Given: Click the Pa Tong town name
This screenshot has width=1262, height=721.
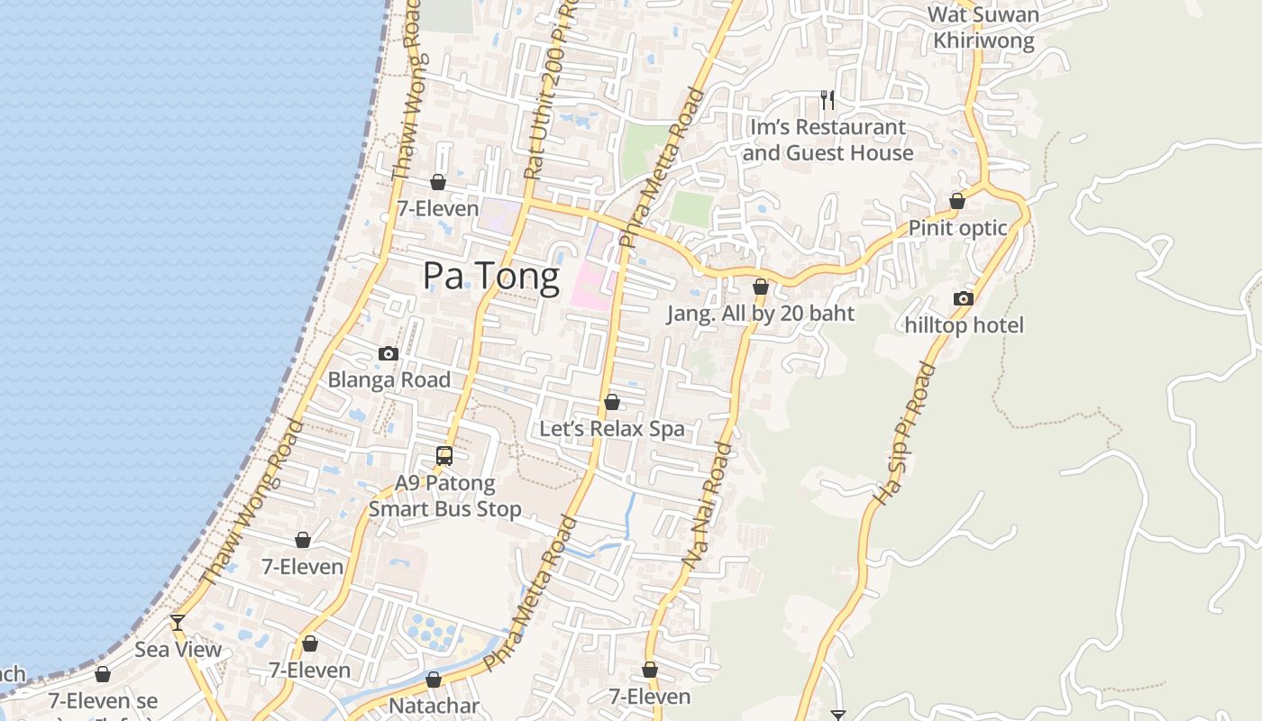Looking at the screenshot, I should [491, 276].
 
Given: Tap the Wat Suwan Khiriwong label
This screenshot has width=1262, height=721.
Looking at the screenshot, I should [983, 28].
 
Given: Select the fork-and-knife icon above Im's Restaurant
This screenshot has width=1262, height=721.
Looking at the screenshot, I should [828, 99].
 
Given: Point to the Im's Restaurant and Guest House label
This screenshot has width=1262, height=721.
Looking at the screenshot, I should [828, 141].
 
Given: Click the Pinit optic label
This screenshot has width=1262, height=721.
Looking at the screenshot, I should [957, 228].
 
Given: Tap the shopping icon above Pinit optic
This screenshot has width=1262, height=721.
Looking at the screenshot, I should [957, 201].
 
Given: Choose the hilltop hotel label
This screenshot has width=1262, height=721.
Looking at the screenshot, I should [965, 325].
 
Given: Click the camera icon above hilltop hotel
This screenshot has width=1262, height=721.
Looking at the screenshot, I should [964, 298].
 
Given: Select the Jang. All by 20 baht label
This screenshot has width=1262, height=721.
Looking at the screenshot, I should [760, 315].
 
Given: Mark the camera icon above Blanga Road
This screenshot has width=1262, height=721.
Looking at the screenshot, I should [389, 353].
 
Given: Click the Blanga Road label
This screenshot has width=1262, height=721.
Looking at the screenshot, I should [389, 380].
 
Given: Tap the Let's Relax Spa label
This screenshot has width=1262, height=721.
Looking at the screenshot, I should [612, 429].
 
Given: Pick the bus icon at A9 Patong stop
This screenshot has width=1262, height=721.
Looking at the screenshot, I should [444, 456].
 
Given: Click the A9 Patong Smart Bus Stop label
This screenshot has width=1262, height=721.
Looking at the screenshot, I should [445, 497].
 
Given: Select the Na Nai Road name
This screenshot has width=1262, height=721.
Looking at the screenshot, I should [707, 505].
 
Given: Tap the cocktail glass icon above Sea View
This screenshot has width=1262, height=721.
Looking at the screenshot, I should [178, 622].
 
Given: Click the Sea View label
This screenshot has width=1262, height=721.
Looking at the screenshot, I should [178, 650].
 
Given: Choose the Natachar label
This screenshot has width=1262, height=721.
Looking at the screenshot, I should [434, 706].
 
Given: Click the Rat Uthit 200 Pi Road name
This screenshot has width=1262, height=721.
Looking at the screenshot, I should [551, 90].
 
